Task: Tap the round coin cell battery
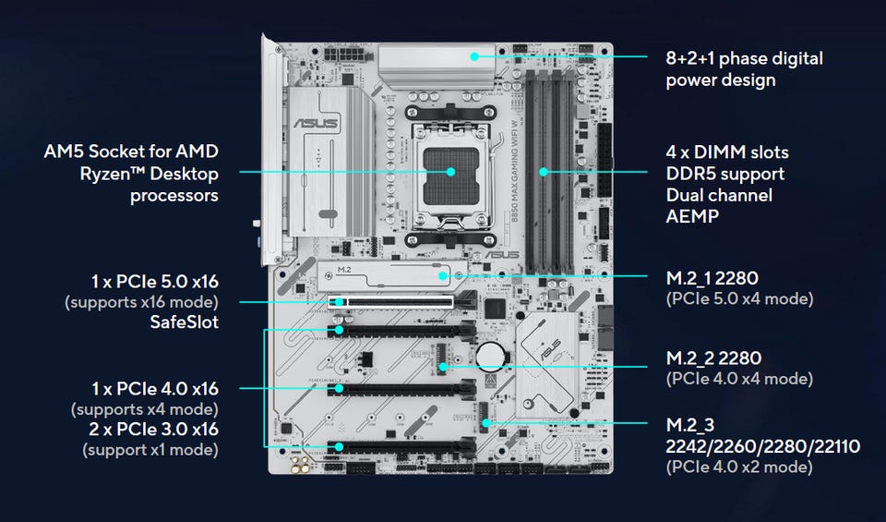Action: pyautogui.click(x=489, y=355)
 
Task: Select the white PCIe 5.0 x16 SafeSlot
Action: pyautogui.click(x=391, y=301)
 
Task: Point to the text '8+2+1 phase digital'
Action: pyautogui.click(x=745, y=58)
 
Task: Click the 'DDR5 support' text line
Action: pyautogui.click(x=725, y=173)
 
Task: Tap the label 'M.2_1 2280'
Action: pyautogui.click(x=716, y=278)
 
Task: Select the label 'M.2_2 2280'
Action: pyautogui.click(x=716, y=358)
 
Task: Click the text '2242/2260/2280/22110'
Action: pyautogui.click(x=763, y=446)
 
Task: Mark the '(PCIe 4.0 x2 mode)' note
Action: pyautogui.click(x=739, y=467)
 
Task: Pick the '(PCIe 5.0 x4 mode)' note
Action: pyautogui.click(x=739, y=299)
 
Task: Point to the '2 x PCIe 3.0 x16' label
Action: pyautogui.click(x=153, y=430)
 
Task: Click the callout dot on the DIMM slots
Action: pyautogui.click(x=544, y=171)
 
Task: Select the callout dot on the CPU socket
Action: pyautogui.click(x=451, y=171)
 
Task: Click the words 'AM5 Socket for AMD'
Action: pyautogui.click(x=131, y=151)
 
